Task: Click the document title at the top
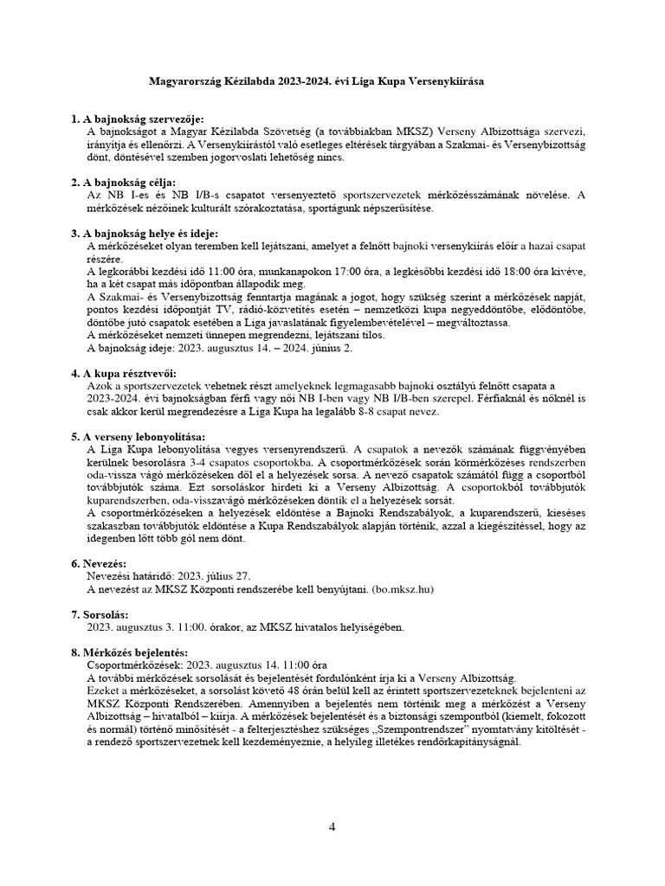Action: pos(318,80)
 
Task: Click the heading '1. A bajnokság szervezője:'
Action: pos(137,118)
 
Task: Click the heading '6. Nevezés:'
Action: pos(100,564)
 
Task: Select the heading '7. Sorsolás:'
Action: pos(100,614)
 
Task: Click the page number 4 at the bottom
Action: pos(332,827)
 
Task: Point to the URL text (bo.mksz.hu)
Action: pos(402,589)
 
